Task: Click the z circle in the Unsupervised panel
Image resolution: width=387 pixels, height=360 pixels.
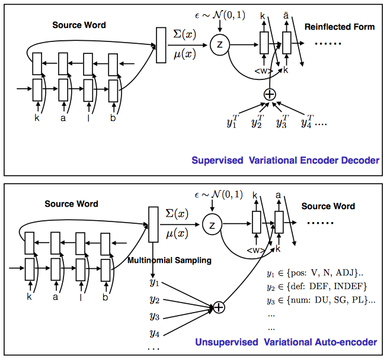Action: coord(212,224)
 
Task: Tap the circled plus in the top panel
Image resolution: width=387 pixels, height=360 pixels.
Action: coord(270,94)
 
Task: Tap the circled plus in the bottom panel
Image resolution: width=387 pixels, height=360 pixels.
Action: coord(218,307)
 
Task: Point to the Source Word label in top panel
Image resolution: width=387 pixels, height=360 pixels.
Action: coord(80,25)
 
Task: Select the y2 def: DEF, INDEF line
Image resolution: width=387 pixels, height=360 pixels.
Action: coord(317,287)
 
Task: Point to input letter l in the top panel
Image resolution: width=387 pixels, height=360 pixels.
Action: coord(89,118)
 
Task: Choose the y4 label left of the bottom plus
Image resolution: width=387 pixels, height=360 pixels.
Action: coord(155,333)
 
